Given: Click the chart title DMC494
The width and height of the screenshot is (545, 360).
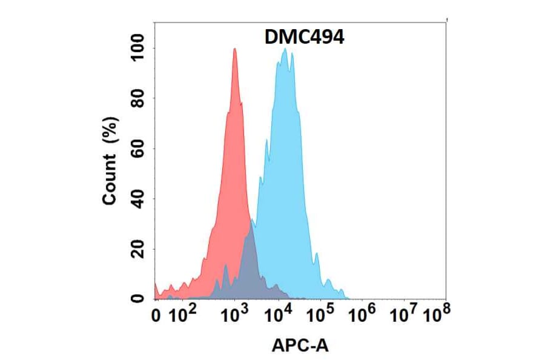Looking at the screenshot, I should point(305,38).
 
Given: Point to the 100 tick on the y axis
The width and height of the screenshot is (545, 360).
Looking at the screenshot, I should point(138,48).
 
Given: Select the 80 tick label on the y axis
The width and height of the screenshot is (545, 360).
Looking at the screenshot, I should point(138,98).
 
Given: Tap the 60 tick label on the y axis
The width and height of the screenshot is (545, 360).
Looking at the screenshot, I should point(138,148).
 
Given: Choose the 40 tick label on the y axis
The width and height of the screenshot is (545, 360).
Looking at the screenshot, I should point(138,199).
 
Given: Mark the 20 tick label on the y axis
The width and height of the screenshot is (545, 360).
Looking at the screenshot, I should point(138,249).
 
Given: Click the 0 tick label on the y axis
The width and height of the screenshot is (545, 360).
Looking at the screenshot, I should point(138,298).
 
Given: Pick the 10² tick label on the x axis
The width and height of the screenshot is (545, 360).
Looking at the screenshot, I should point(181,314).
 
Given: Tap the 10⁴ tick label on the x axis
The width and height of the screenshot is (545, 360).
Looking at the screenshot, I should point(279,314).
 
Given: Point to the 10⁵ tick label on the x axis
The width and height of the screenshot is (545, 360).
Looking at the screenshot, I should point(321,314).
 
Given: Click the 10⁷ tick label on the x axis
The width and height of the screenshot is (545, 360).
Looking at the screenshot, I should point(405,314).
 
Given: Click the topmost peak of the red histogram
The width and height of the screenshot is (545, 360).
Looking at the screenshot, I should point(234,50).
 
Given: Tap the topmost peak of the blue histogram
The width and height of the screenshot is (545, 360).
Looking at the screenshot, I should point(285,50).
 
